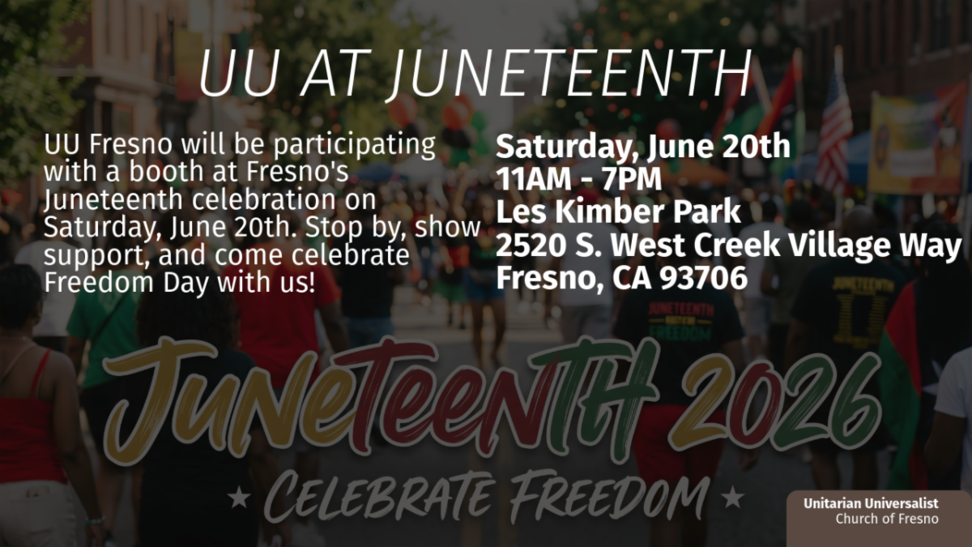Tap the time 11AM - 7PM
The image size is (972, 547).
pyautogui.click(x=579, y=179)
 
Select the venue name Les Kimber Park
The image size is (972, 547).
pyautogui.click(x=618, y=212)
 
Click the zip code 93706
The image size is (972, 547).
pyautogui.click(x=704, y=278)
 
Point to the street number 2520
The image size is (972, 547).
pyautogui.click(x=531, y=246)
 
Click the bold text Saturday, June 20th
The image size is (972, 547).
pyautogui.click(x=643, y=147)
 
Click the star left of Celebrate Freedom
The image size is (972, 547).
pyautogui.click(x=239, y=498)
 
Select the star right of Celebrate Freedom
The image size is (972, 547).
pyautogui.click(x=733, y=498)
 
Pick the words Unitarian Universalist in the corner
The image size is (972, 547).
pyautogui.click(x=871, y=503)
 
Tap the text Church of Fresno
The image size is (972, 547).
pyautogui.click(x=887, y=519)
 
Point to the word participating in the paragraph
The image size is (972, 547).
pyautogui.click(x=355, y=145)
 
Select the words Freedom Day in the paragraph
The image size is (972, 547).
pyautogui.click(x=126, y=283)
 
